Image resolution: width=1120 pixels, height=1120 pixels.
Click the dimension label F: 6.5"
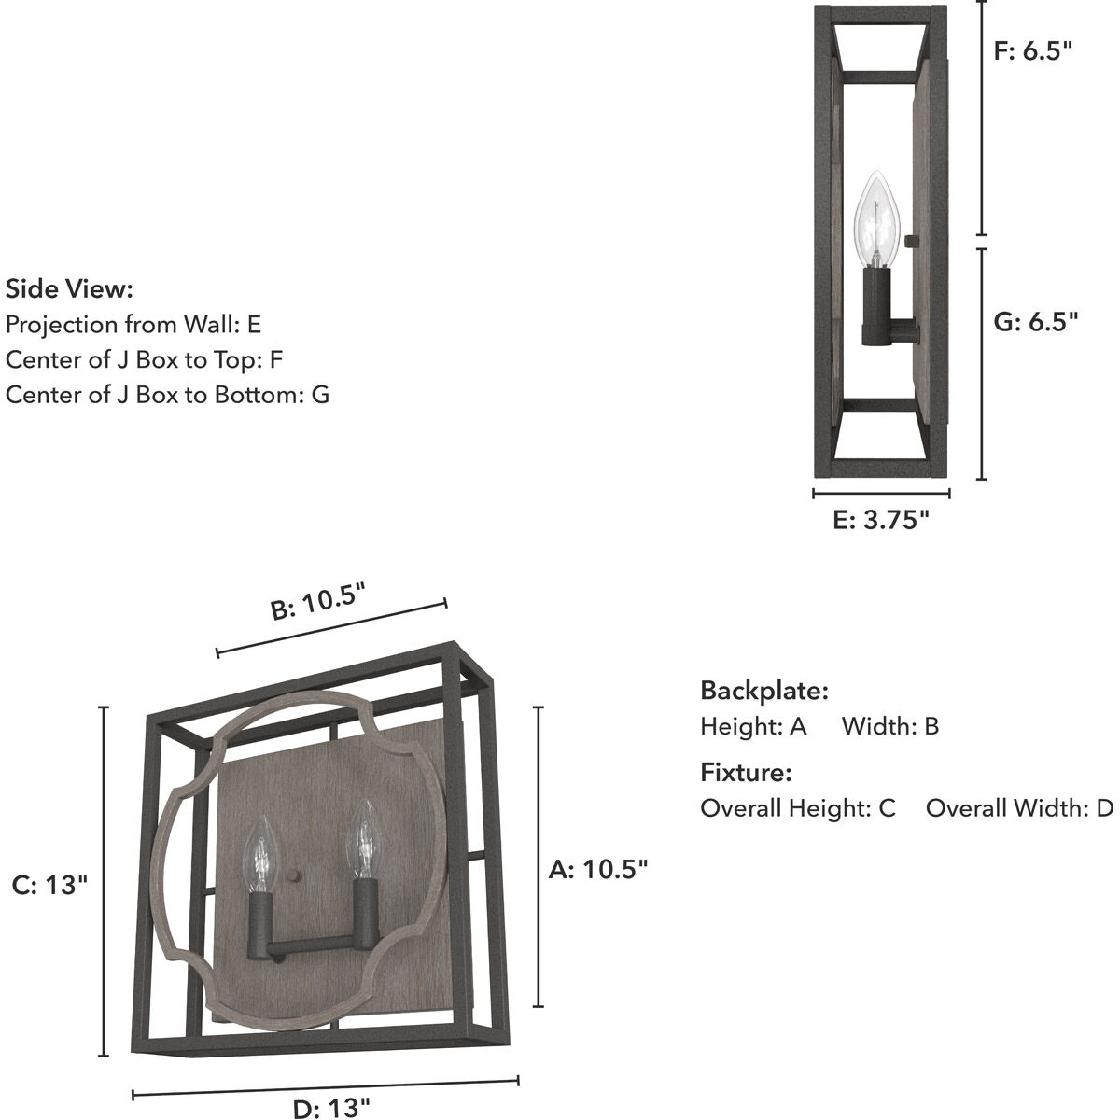[1033, 51]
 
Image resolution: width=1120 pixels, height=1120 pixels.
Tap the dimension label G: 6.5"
[1036, 322]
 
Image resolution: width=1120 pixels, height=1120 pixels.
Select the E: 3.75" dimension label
[881, 520]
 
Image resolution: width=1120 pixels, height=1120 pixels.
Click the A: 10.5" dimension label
[598, 870]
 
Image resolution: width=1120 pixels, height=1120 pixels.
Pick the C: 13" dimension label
[50, 884]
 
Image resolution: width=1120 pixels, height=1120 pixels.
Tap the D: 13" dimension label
[331, 1108]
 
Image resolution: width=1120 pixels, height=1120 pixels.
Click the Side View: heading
[70, 288]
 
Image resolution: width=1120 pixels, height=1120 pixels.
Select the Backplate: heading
[764, 691]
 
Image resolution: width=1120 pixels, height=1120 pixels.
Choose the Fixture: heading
[746, 772]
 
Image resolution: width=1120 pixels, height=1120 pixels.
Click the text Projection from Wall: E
[133, 324]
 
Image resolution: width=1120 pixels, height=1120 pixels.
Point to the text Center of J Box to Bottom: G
[168, 394]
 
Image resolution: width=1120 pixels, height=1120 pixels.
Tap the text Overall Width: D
[1019, 807]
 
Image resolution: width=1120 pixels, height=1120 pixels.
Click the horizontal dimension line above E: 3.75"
[881, 494]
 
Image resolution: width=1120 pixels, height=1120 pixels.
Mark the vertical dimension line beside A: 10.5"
[539, 857]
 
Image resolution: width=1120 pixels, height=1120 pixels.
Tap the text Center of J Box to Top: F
[144, 359]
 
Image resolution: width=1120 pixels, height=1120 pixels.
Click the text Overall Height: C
[798, 807]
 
